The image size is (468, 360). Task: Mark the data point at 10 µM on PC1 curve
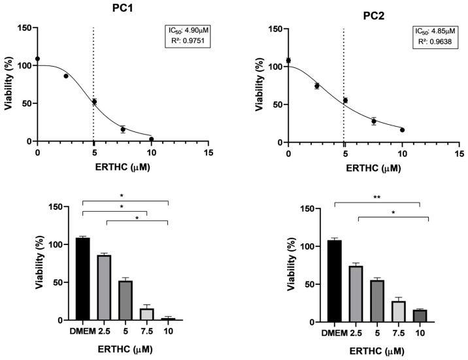151,139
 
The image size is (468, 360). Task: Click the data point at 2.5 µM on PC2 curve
317,86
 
